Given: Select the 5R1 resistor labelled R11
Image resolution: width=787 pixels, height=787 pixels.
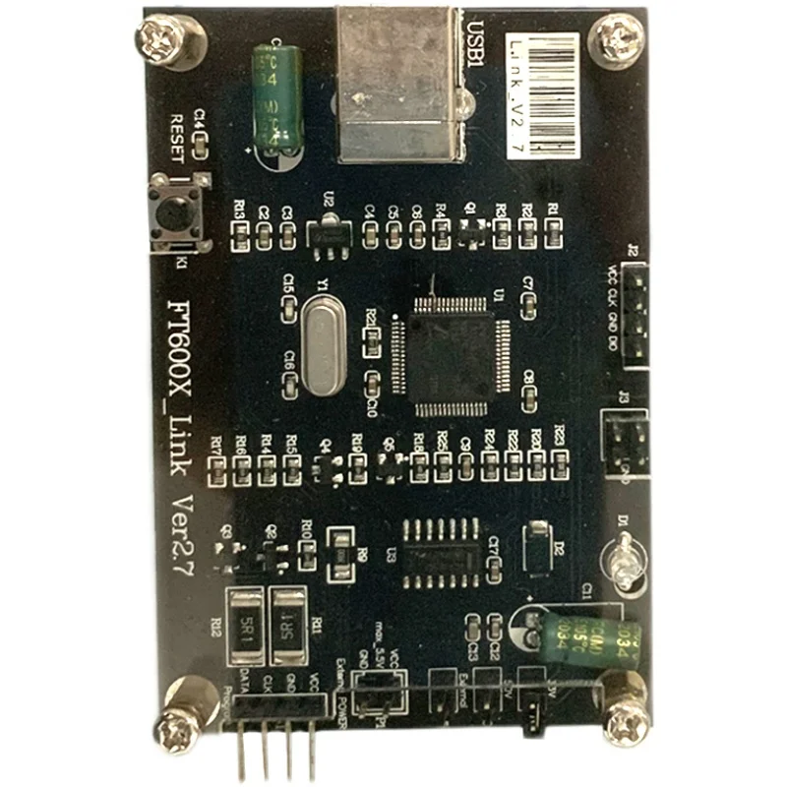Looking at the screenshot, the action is click(x=288, y=625).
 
